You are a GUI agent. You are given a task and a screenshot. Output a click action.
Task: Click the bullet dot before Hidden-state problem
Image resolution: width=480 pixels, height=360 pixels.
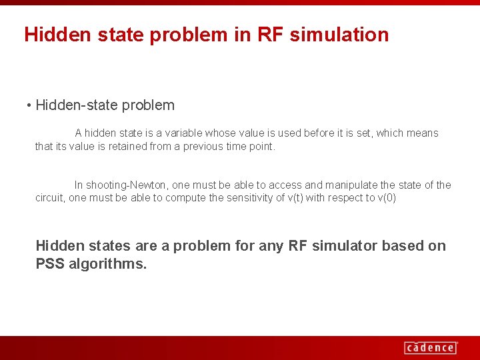coord(29,106)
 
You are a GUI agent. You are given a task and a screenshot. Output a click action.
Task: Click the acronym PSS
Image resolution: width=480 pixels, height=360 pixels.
coord(50,264)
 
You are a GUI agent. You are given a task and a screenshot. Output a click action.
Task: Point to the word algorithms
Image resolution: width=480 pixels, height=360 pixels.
coord(107,264)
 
